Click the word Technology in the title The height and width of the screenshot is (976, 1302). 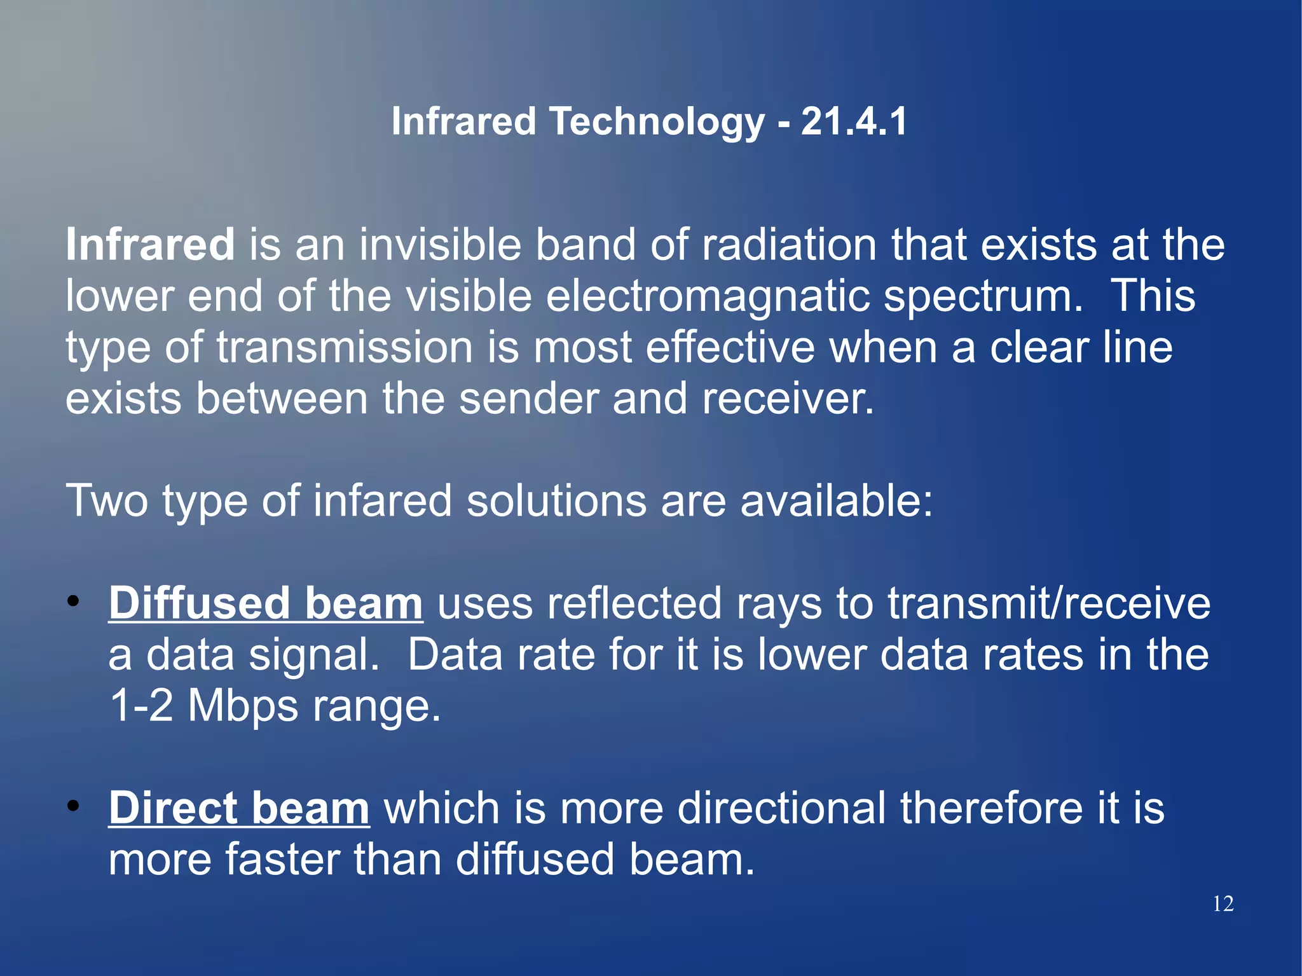point(657,122)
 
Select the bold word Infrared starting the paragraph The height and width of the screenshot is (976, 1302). point(151,245)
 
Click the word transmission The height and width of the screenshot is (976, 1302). point(345,348)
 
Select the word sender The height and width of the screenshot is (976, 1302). point(528,399)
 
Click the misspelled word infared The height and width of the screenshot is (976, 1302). point(382,501)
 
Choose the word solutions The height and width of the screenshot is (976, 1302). point(556,501)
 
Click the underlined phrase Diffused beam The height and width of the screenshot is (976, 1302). point(265,603)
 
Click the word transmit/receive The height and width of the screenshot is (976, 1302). point(1048,603)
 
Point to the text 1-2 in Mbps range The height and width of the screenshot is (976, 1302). point(141,706)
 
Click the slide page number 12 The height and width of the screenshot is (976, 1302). point(1223,904)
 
